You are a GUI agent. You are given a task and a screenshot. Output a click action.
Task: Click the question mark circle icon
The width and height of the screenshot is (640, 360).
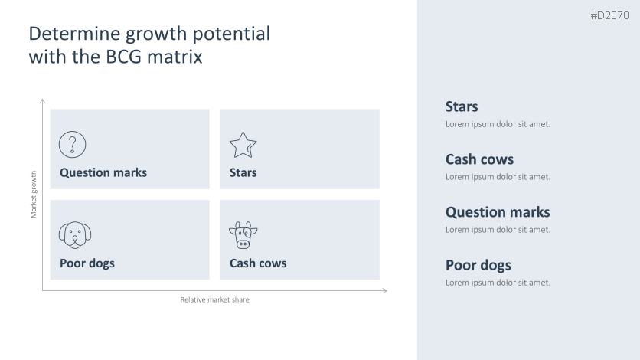[73, 144]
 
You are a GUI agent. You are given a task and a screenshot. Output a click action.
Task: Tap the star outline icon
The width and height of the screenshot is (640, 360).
[243, 144]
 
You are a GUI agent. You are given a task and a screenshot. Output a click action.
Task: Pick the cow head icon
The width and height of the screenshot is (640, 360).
[243, 235]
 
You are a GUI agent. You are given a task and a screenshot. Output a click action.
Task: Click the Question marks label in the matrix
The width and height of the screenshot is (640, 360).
[103, 172]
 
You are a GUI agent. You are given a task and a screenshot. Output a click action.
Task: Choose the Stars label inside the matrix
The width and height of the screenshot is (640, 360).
[243, 172]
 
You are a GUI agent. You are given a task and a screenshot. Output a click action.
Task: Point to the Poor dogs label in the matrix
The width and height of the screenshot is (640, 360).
[87, 263]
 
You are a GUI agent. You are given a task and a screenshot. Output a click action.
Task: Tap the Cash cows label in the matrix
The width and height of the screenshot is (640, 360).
[258, 263]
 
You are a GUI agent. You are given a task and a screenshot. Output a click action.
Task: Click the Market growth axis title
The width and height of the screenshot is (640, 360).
[34, 194]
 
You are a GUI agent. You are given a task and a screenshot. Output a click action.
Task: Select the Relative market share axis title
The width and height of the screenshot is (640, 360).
[214, 299]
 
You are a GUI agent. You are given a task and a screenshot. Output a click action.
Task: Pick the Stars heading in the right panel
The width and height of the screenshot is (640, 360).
[462, 106]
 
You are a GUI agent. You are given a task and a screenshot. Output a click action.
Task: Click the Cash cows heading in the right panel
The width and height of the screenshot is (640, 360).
[479, 159]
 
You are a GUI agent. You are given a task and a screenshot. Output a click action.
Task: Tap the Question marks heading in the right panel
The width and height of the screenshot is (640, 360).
[498, 212]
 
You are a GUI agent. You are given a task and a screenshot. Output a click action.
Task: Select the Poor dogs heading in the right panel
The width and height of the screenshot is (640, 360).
[478, 265]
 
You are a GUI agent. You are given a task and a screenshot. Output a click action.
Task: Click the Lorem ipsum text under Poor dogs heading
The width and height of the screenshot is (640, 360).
[498, 283]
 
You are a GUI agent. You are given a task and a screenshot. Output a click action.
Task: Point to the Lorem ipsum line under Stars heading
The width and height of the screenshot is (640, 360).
[498, 124]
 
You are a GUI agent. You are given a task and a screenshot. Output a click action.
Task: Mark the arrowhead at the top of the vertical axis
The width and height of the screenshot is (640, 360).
[42, 101]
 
